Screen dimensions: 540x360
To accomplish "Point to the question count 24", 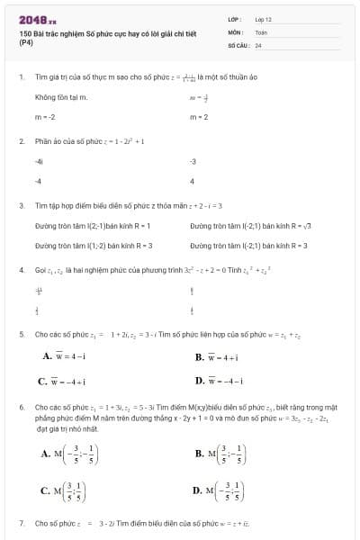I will point(258,43).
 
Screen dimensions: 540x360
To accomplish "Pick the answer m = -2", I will point(45,117).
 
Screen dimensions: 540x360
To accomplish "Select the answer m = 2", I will point(199,117).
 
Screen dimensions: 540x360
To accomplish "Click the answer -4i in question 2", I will point(39,161).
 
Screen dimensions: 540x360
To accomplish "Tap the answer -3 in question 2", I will point(193,161).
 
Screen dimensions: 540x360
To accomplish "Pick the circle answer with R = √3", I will point(249,225).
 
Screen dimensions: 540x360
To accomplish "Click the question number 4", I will point(21,269).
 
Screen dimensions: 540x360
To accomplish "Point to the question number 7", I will point(21,522).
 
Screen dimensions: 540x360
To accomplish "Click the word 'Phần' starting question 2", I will point(42,141).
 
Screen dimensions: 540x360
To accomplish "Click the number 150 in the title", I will point(24,32).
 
